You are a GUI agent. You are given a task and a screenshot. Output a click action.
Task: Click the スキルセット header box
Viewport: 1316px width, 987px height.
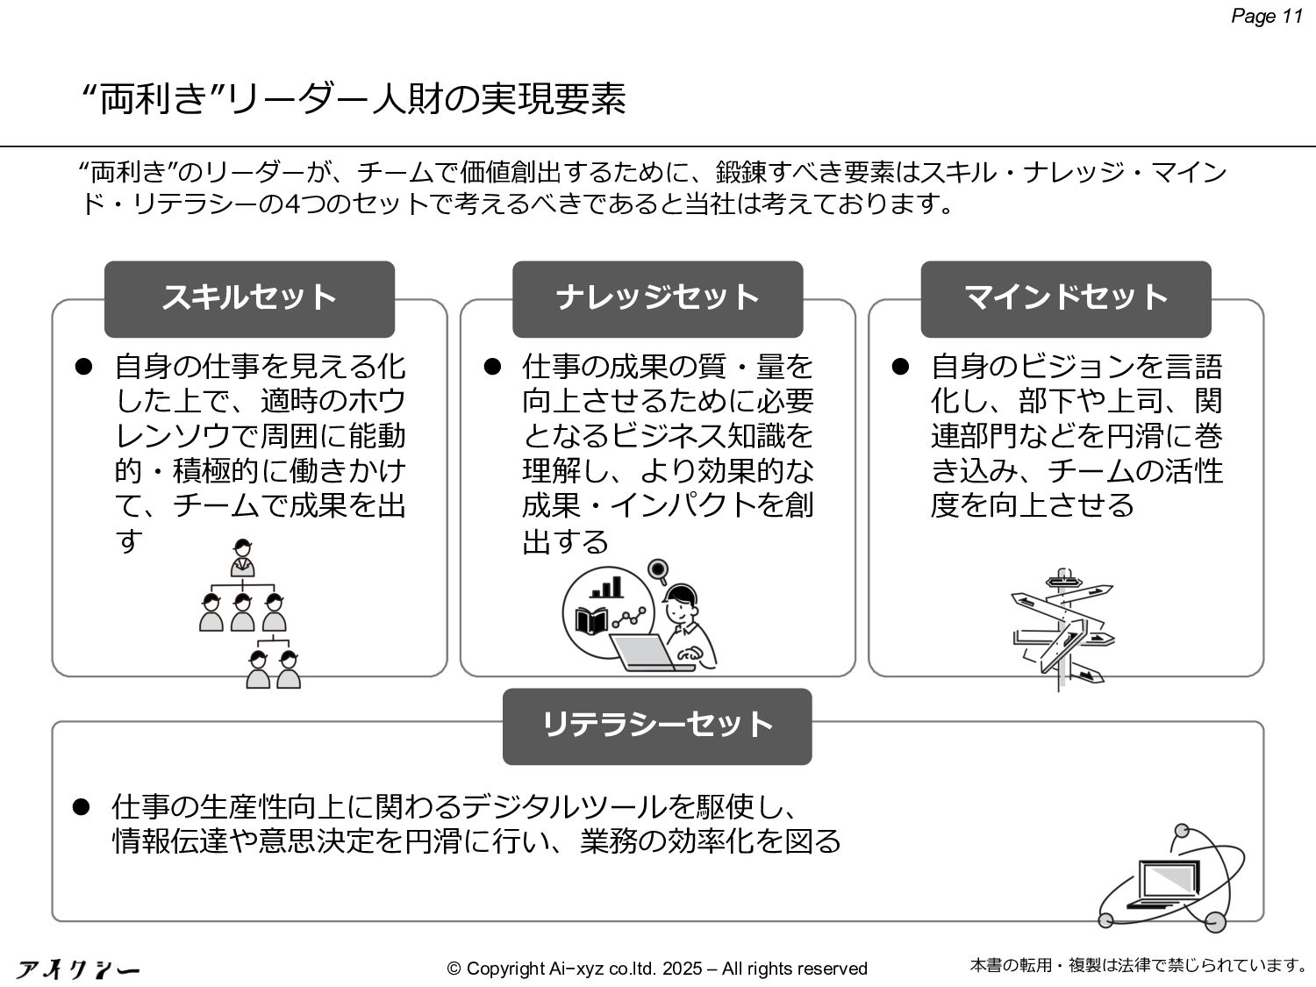249,298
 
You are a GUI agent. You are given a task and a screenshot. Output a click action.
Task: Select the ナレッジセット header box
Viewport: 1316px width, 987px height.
657,298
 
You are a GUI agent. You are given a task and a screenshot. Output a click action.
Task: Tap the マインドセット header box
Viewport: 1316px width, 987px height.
1065,298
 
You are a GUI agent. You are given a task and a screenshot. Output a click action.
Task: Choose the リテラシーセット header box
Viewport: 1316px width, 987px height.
657,726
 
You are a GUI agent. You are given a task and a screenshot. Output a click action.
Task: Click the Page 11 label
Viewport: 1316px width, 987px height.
1267,17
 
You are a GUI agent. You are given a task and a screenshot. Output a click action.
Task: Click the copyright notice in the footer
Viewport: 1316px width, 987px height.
657,969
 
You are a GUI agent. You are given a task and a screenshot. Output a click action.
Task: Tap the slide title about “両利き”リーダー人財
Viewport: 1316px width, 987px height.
353,100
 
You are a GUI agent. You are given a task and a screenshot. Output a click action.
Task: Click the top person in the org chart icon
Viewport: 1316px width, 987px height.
242,557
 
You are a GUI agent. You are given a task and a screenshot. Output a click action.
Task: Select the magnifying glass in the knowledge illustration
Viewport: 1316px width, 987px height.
657,571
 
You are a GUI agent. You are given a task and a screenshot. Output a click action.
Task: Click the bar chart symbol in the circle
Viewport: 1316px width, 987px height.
606,586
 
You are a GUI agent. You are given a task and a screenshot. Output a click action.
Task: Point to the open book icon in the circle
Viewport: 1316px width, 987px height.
591,621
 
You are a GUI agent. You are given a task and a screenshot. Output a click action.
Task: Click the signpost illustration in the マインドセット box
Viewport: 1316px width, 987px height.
1062,627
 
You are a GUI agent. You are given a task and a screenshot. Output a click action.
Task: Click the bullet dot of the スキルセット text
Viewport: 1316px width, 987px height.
84,366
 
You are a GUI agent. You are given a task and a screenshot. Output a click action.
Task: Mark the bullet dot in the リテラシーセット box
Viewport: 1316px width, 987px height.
82,806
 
